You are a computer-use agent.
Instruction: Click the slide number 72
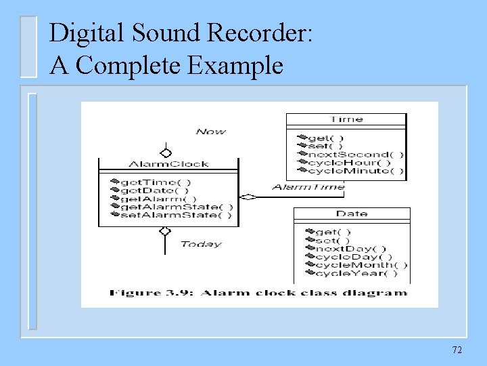457,350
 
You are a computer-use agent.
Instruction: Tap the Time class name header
346,119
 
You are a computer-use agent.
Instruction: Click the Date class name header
352,214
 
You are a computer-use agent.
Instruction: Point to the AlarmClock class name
168,164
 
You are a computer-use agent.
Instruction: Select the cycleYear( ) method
356,273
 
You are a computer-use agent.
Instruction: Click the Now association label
210,131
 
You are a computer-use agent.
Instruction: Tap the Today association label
201,244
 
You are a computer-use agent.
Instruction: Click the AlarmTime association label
308,187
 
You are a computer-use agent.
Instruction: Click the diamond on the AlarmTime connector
248,197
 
